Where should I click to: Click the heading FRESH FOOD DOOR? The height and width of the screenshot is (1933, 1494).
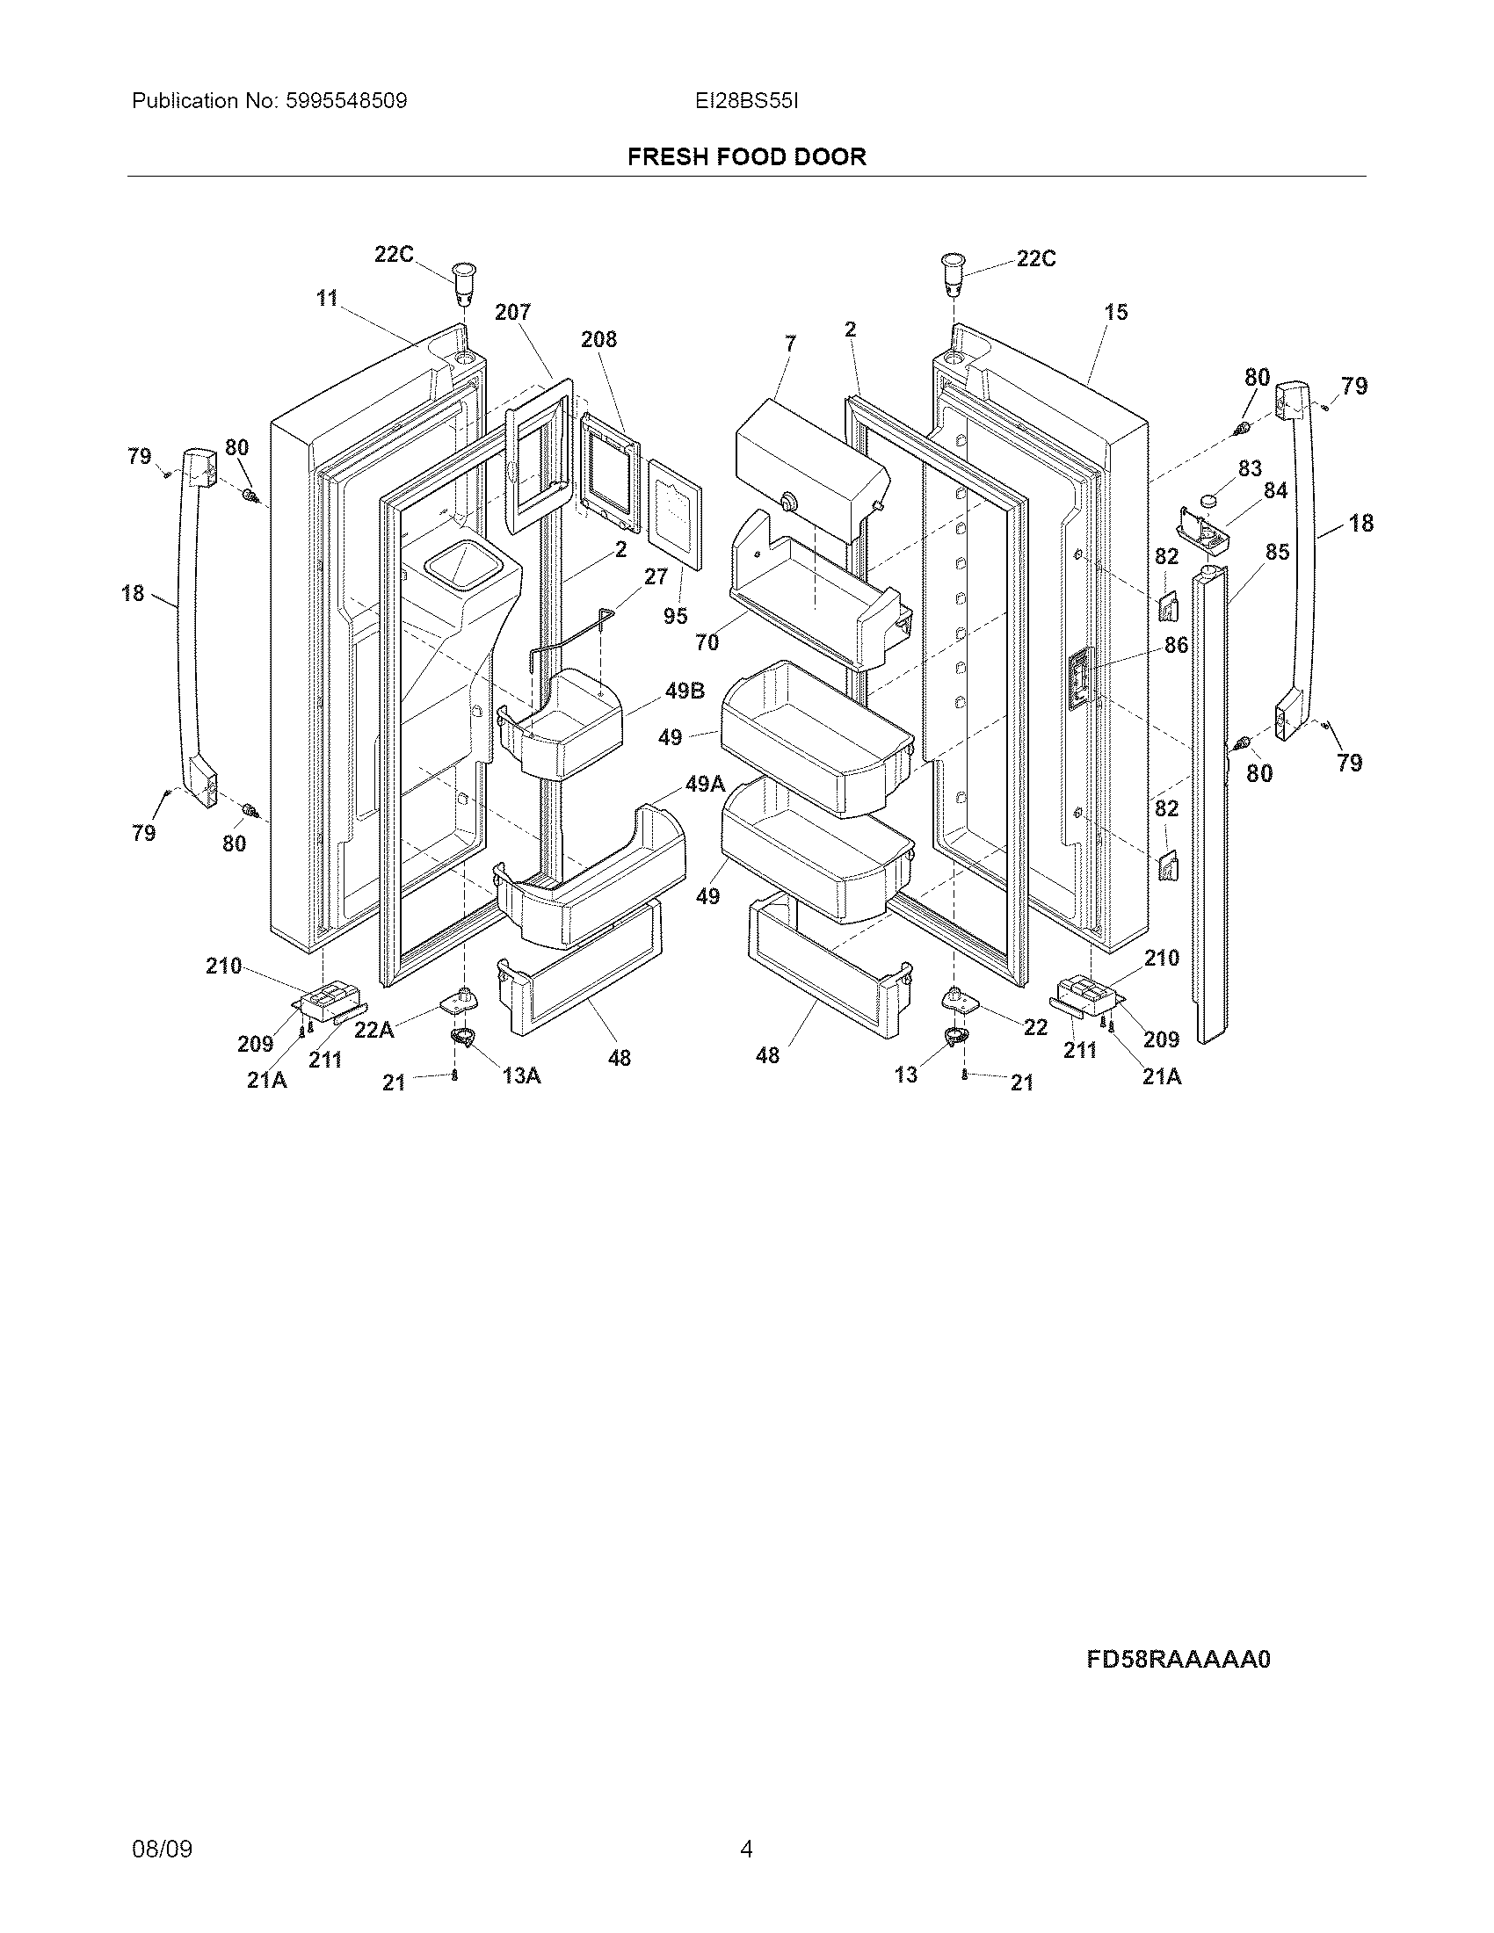point(746,156)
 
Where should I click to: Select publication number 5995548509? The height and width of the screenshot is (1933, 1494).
point(345,101)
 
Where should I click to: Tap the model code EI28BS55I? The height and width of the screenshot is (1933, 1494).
point(746,101)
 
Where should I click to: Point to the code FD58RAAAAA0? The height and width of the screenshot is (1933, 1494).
point(1178,1659)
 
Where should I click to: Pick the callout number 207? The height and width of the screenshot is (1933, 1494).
point(512,313)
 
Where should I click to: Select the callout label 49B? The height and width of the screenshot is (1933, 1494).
point(684,691)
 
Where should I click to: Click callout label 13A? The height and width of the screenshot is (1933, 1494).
point(521,1075)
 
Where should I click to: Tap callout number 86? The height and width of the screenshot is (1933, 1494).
point(1175,645)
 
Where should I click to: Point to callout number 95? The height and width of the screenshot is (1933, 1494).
point(674,616)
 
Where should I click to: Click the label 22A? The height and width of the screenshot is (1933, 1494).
point(373,1031)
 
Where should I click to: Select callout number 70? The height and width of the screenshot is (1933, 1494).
point(707,642)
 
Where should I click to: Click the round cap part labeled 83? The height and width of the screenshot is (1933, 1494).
point(1208,501)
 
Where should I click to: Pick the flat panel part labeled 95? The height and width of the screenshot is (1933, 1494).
point(675,514)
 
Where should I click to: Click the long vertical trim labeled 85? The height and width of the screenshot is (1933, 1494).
point(1209,797)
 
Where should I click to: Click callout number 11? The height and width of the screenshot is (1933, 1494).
point(328,299)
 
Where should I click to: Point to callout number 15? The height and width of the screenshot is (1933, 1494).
point(1116,313)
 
